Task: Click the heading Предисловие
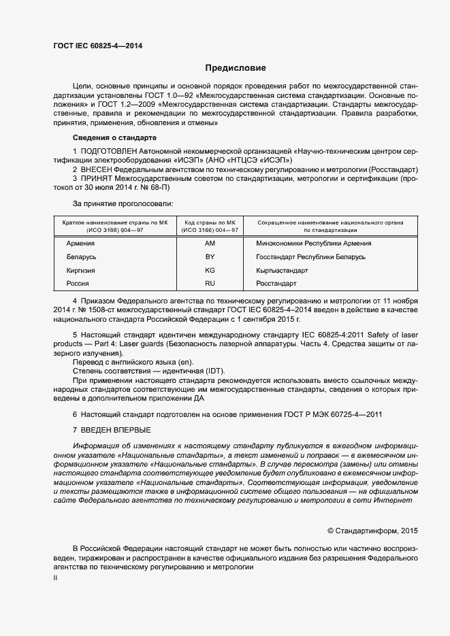point(236,68)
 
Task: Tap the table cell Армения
point(81,244)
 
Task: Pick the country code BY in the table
point(210,257)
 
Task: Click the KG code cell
point(210,270)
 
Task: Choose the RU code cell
point(210,283)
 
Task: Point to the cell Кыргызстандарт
point(281,270)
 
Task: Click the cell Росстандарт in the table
point(276,283)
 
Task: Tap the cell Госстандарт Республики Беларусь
point(310,257)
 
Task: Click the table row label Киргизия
point(80,270)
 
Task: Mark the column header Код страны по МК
point(210,222)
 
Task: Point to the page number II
point(56,578)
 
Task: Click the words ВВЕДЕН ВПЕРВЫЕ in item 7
point(116,431)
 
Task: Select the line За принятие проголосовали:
point(123,204)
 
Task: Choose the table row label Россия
point(78,283)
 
